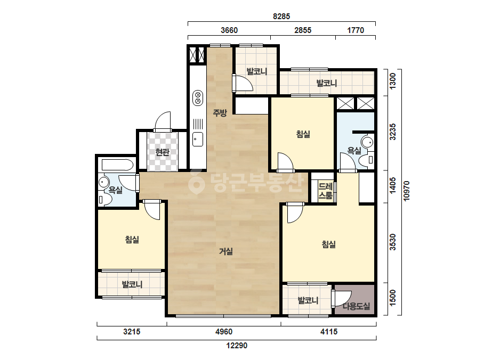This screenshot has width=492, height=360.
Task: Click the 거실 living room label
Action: click(226, 251)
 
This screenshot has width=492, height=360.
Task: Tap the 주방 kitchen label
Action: click(220, 112)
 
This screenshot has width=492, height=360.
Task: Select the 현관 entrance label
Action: click(162, 152)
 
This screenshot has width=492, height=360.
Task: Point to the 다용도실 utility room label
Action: click(356, 306)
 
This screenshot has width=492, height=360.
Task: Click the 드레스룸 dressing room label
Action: click(325, 191)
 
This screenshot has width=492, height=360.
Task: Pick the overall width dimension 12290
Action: click(237, 346)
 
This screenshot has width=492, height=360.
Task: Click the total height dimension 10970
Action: click(406, 191)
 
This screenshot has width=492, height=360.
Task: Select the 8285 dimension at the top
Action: click(281, 17)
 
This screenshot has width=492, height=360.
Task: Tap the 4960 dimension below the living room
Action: click(224, 331)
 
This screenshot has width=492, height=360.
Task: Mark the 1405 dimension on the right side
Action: click(392, 186)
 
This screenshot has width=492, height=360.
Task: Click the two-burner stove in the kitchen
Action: click(198, 97)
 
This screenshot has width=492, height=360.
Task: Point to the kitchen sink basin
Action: click(198, 139)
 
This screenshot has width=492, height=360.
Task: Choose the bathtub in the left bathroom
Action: click(117, 165)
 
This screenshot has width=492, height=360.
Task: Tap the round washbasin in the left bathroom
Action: click(103, 182)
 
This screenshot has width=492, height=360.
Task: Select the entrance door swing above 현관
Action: click(163, 121)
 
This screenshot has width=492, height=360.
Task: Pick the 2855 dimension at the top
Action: click(303, 30)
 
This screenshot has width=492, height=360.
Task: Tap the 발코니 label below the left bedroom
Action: click(132, 284)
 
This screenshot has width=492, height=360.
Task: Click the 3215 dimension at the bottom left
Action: click(132, 331)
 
